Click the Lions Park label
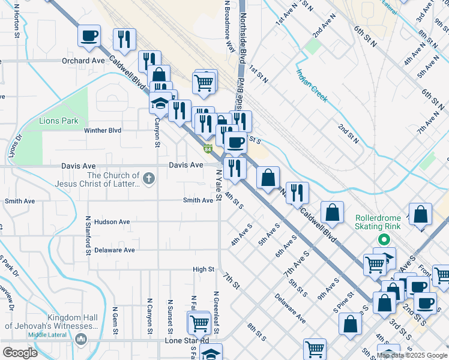59,121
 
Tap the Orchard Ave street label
83,61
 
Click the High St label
203,269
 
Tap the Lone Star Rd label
186,341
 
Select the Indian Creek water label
312,85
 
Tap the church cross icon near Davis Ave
148,178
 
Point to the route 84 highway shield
208,148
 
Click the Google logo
19,353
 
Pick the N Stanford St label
88,236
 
